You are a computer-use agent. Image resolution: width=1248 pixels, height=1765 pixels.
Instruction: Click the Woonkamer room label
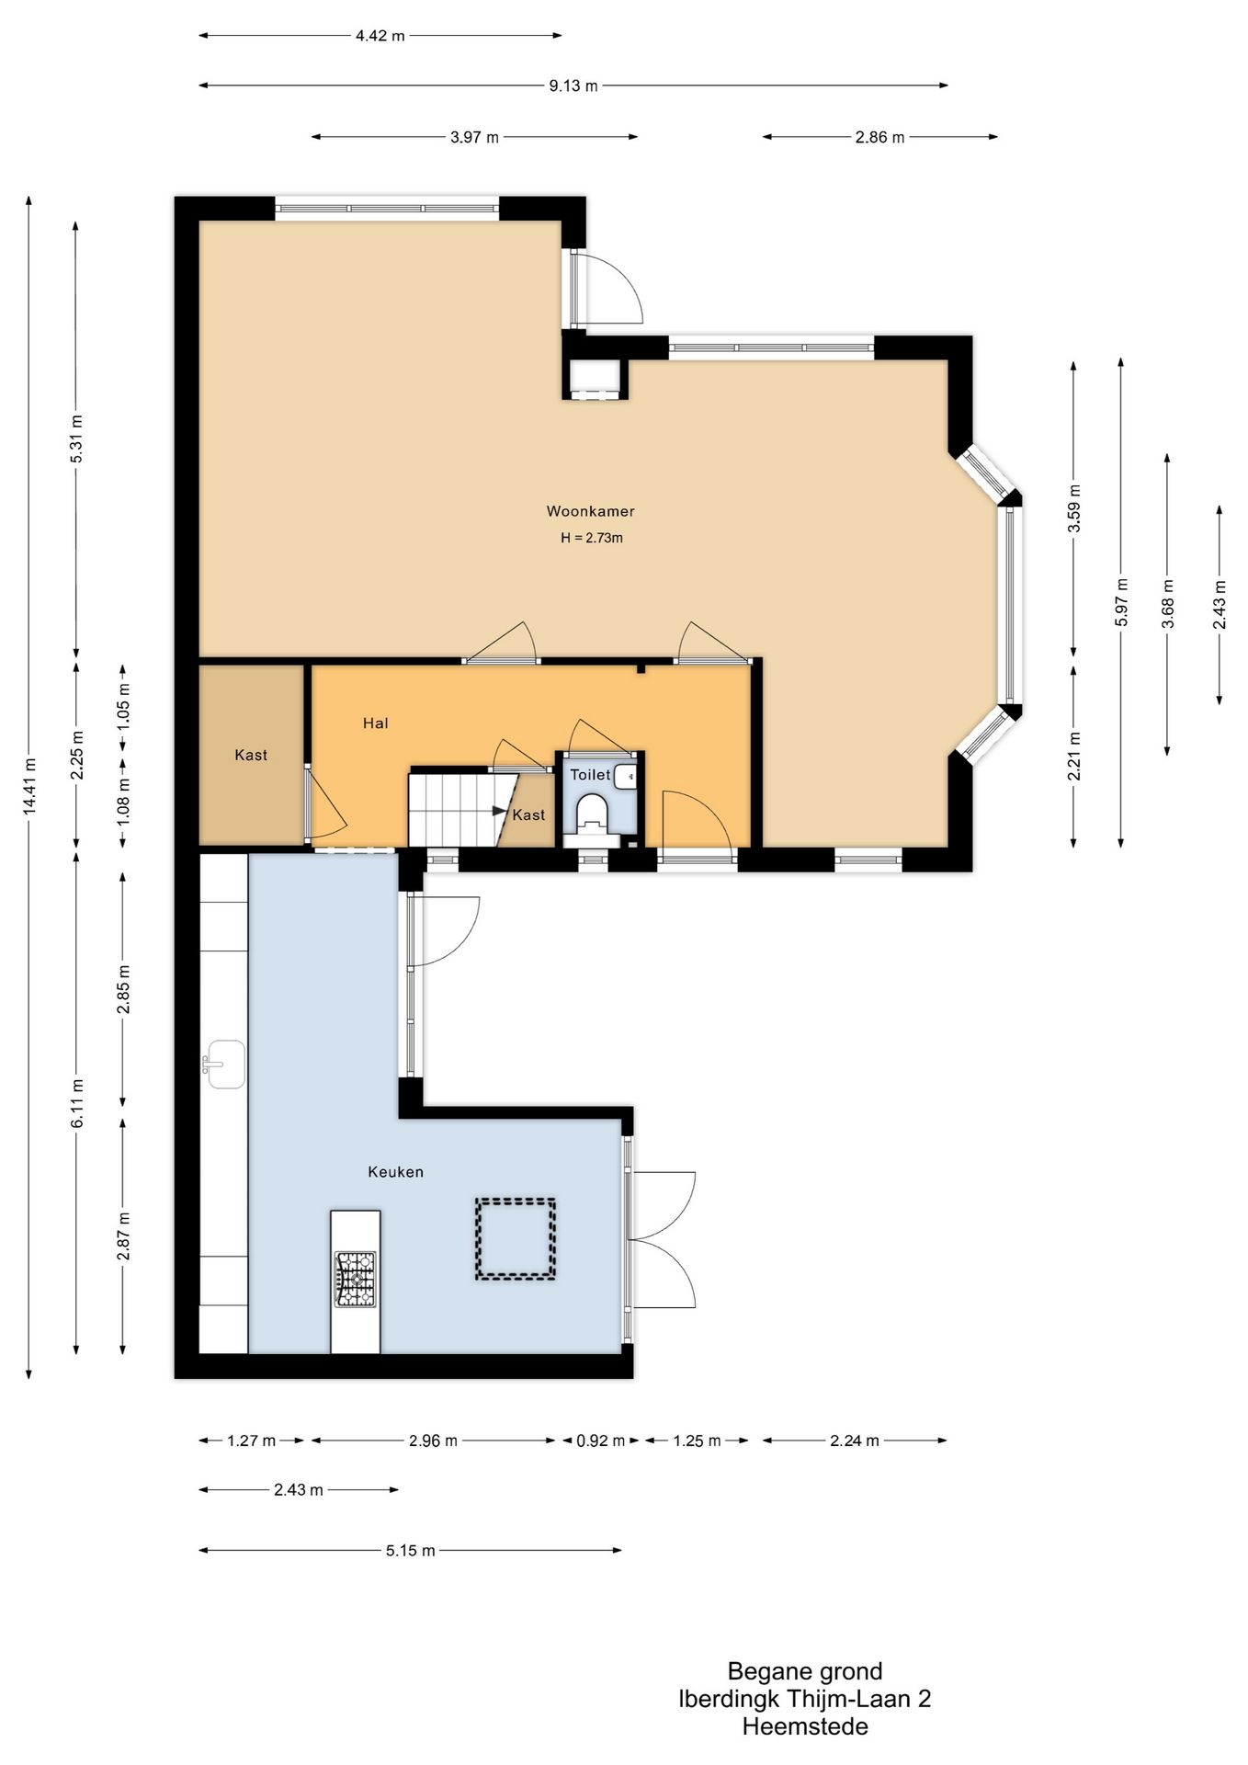click(590, 511)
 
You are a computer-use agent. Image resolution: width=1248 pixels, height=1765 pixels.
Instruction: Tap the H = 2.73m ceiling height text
click(592, 538)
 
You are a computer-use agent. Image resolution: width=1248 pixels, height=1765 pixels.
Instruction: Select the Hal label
click(375, 723)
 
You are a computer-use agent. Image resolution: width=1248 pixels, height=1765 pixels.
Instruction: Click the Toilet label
click(589, 775)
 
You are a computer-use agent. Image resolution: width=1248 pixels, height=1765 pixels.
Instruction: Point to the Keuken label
click(395, 1172)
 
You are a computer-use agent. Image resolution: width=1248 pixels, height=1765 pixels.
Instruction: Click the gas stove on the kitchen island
click(355, 1279)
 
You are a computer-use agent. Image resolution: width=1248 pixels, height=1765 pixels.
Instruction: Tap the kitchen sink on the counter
click(225, 1065)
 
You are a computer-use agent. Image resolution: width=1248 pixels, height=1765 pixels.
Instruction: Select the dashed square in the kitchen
click(515, 1238)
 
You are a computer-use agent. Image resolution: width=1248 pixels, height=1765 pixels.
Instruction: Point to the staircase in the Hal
click(450, 809)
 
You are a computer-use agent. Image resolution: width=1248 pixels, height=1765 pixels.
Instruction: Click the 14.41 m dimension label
click(29, 786)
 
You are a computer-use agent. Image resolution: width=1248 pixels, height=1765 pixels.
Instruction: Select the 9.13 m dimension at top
click(573, 85)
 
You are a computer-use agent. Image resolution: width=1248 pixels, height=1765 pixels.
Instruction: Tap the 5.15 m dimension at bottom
click(410, 1551)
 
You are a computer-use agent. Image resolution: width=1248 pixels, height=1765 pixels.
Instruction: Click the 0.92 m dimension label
click(601, 1440)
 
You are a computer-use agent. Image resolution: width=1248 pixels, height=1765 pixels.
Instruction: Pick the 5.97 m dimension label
click(1120, 602)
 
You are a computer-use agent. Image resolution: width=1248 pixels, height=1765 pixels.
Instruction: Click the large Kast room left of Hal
click(251, 755)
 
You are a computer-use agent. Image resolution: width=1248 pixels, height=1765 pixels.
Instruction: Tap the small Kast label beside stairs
click(528, 814)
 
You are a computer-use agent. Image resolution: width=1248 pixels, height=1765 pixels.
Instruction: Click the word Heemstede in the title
click(805, 1726)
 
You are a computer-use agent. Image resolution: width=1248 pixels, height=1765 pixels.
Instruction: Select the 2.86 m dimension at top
click(879, 137)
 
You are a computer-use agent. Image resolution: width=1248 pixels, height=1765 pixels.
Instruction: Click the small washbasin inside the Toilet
click(626, 776)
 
